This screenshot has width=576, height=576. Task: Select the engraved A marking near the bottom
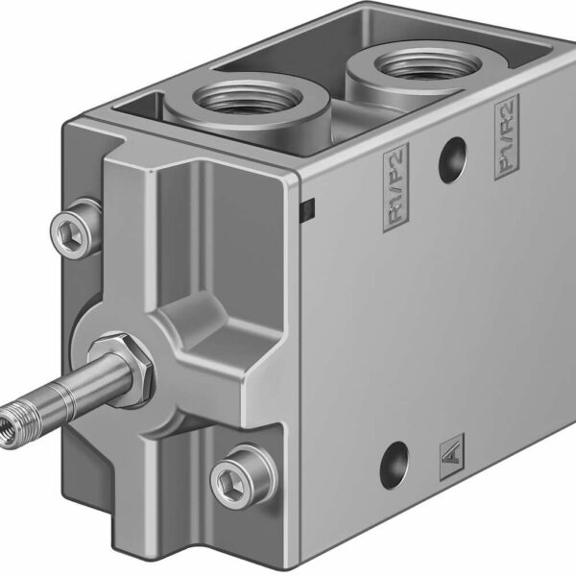450,450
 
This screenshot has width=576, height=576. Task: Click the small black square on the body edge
309,207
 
